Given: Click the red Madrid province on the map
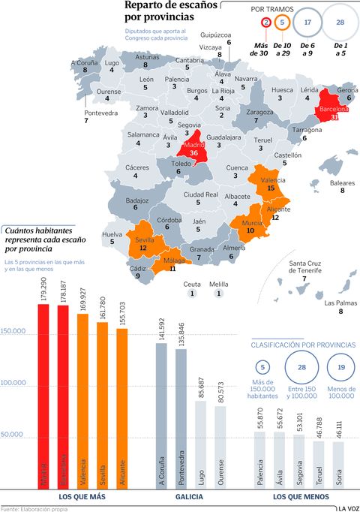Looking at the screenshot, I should pyautogui.click(x=193, y=147).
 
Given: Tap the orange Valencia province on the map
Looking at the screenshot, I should pyautogui.click(x=271, y=184).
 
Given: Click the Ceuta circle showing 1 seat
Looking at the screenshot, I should pyautogui.click(x=192, y=294).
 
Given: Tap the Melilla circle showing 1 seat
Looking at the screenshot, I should pyautogui.click(x=218, y=294).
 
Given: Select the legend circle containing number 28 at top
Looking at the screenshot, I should pyautogui.click(x=340, y=23).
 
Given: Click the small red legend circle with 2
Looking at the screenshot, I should pyautogui.click(x=266, y=23).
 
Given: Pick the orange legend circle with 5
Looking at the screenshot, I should pyautogui.click(x=282, y=23).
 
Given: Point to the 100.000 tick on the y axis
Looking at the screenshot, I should pyautogui.click(x=16, y=383).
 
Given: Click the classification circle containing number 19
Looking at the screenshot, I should pyautogui.click(x=341, y=368).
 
